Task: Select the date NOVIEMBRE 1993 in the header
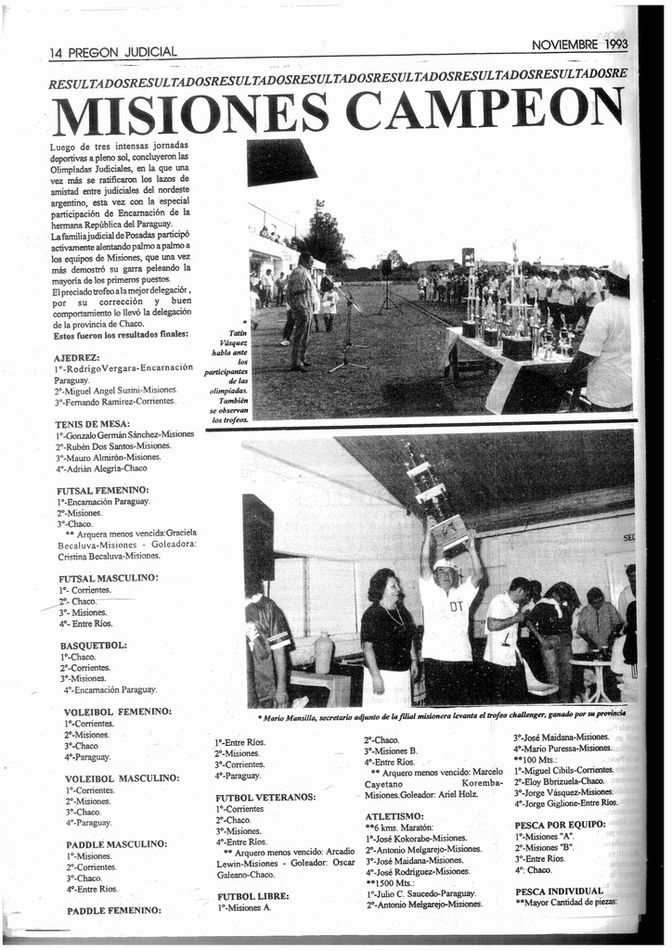point(579,44)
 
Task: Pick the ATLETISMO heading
point(394,815)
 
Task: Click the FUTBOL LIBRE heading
point(252,896)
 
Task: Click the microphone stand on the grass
point(347,334)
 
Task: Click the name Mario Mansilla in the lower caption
point(290,717)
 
